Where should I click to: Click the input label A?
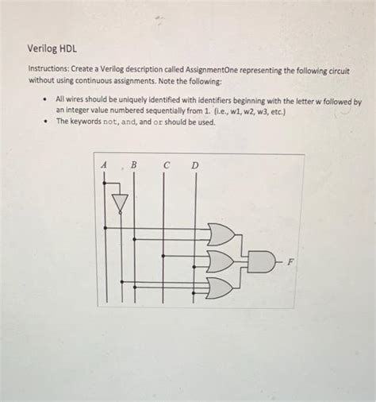[104, 165]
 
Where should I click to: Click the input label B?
[133, 165]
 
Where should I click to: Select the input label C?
[166, 165]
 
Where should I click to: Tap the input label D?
[194, 165]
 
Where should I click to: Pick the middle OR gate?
[220, 260]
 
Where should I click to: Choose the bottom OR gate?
[220, 287]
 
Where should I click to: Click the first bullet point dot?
[47, 102]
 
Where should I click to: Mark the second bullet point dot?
[47, 122]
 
